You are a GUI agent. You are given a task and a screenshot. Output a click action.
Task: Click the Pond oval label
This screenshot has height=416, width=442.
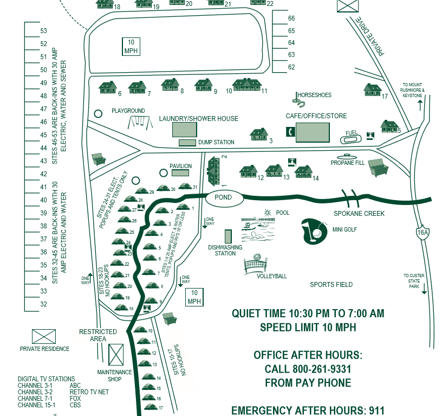click(x=223, y=197)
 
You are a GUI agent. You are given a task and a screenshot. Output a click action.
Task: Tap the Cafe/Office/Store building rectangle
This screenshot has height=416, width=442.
click(x=313, y=132)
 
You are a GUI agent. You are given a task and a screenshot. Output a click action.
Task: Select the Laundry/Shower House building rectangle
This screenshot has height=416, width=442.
click(x=185, y=130)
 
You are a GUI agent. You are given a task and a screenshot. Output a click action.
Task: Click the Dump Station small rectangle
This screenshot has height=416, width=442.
click(x=187, y=143)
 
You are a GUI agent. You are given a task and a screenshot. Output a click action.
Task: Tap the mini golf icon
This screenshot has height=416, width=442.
click(x=315, y=229)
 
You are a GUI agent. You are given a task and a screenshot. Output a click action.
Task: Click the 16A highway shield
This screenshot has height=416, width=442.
click(x=423, y=232)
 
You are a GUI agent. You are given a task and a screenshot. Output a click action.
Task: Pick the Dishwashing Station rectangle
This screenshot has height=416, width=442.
click(x=228, y=236)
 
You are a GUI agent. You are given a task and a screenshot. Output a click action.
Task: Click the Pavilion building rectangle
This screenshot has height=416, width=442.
click(x=180, y=172)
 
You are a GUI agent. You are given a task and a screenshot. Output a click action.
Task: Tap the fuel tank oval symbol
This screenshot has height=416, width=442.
click(x=352, y=139)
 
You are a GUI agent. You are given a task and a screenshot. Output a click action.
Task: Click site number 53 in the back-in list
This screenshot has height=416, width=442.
click(x=44, y=31)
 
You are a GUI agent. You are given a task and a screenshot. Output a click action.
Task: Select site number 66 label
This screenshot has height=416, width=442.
click(x=291, y=18)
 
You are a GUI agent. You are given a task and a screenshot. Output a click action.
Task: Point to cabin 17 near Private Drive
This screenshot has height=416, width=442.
click(x=373, y=89)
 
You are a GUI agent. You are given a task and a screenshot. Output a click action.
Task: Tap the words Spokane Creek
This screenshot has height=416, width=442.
click(x=359, y=214)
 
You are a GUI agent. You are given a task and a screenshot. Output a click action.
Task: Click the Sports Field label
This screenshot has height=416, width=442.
click(x=331, y=284)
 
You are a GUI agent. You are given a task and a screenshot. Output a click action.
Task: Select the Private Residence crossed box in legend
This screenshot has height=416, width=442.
click(x=44, y=337)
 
